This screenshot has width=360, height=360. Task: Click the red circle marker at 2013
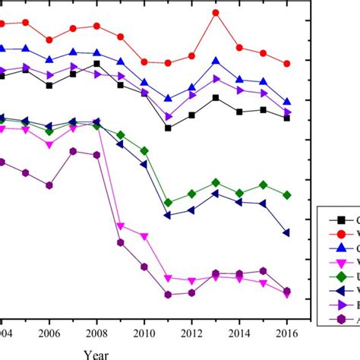[216, 13]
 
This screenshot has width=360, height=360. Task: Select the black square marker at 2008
[97, 64]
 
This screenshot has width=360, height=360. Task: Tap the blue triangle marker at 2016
[286, 101]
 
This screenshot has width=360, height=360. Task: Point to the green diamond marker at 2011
[168, 203]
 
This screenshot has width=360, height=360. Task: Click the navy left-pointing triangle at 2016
[286, 232]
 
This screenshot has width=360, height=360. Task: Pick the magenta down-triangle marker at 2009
[121, 226]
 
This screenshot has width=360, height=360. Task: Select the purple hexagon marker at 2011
[168, 295]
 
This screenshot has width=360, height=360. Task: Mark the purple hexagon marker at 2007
[74, 151]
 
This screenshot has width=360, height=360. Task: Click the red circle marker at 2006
[49, 40]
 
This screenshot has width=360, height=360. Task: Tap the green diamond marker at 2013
[216, 183]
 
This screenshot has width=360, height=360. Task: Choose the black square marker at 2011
[168, 128]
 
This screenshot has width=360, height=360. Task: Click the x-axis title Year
[96, 353]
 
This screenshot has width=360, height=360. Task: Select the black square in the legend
[341, 219]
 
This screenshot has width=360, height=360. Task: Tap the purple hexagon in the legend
[341, 320]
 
